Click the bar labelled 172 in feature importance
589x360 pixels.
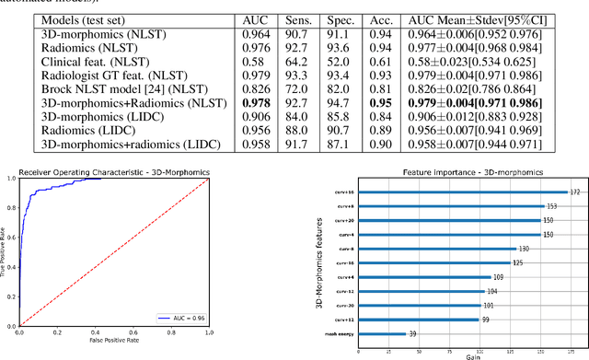click(x=487, y=192)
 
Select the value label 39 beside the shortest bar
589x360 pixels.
click(x=411, y=334)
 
